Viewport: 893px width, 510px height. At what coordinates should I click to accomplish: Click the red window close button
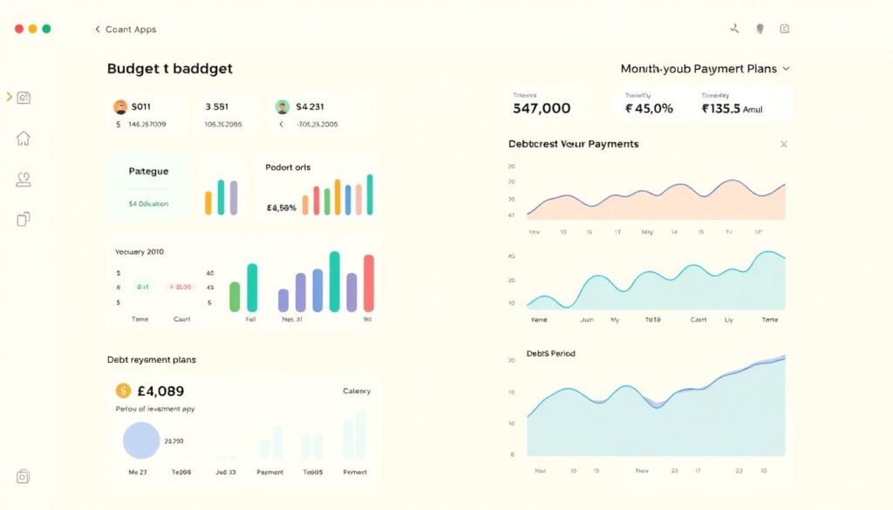19,29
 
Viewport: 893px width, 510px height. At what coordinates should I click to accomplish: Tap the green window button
46,29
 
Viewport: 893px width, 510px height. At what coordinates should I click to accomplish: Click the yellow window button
33,29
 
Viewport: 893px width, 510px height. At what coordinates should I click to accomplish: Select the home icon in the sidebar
24,139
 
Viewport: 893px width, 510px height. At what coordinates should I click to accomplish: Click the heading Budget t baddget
169,68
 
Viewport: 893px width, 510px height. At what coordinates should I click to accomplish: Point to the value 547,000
542,108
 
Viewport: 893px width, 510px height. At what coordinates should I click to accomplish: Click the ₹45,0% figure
649,108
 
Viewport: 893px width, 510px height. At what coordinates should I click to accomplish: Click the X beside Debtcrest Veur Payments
783,144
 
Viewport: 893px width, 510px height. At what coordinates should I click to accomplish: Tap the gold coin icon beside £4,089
123,391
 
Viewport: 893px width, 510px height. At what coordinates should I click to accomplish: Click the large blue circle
141,440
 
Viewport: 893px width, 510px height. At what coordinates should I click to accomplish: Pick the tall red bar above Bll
368,282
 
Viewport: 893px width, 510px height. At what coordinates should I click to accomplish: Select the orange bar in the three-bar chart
208,202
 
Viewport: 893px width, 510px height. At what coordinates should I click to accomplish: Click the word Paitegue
148,172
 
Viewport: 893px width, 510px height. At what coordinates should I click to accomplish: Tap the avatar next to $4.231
282,107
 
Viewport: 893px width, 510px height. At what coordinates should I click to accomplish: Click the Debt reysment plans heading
151,359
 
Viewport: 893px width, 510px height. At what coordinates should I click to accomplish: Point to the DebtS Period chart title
550,353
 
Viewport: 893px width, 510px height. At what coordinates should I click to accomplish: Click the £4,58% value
281,208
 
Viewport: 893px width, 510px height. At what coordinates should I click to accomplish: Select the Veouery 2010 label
139,252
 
